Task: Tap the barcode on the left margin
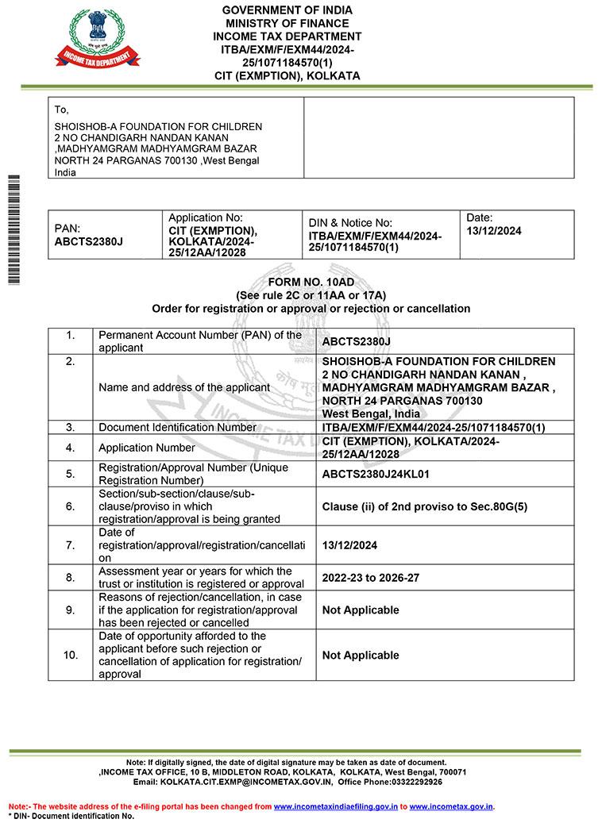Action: point(13,229)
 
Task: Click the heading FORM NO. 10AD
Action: point(311,282)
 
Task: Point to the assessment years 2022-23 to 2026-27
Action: point(370,578)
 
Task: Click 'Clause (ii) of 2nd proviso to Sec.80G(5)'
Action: point(424,506)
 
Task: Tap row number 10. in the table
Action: point(71,655)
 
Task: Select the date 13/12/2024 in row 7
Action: point(349,545)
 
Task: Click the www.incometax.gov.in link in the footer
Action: point(451,806)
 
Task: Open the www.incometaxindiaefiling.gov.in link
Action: point(335,806)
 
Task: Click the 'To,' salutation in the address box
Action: point(62,110)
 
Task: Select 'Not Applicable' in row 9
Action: point(360,610)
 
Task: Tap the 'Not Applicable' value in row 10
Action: point(360,656)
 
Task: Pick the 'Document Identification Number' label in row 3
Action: point(177,427)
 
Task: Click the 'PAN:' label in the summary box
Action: point(67,228)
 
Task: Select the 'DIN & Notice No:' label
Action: point(350,224)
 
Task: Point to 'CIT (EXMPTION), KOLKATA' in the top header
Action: point(287,76)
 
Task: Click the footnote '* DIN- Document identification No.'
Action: point(71,816)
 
